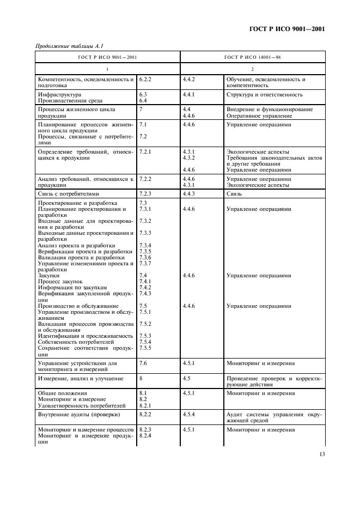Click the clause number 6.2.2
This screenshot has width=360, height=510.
[145, 79]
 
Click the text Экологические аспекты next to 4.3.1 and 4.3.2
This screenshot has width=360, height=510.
[258, 151]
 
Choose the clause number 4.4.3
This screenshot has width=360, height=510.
[189, 193]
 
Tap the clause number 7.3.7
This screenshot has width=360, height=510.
[145, 264]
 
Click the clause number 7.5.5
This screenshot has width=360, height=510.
[145, 348]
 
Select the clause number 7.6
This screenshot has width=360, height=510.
[143, 363]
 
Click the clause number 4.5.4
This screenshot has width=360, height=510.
[189, 415]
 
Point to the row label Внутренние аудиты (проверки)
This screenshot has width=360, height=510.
[78, 415]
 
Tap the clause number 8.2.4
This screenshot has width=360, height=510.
[145, 436]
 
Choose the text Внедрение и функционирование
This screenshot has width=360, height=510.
[269, 110]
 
